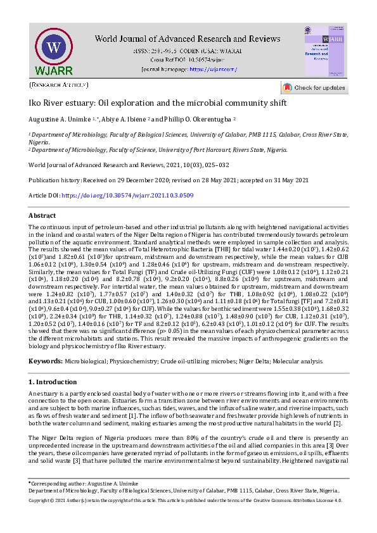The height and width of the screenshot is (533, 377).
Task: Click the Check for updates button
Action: coord(314,88)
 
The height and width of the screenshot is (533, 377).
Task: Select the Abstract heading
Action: coord(42,216)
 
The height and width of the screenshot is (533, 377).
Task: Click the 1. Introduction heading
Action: coord(53,382)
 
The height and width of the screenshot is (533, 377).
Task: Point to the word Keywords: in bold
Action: coord(45,360)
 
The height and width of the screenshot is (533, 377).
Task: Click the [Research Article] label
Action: coord(59,84)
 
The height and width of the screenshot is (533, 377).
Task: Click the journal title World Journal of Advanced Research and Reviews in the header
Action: coord(188,39)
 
